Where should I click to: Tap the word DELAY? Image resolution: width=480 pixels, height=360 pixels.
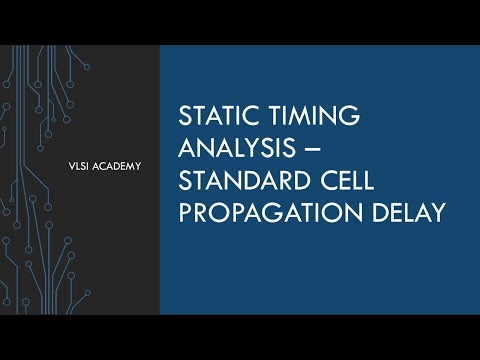tap(404, 215)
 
